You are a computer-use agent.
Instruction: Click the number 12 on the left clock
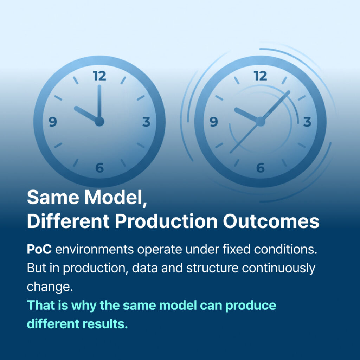99,76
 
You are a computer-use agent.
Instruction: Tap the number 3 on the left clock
147,122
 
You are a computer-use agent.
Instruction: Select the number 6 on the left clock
99,168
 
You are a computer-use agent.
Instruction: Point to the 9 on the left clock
53,122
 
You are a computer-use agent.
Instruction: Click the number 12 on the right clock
261,76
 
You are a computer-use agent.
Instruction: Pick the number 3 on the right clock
307,122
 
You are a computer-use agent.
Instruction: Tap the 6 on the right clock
261,168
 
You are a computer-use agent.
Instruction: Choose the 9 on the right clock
214,122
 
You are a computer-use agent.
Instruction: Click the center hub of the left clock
99,121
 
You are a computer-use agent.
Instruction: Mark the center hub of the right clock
261,121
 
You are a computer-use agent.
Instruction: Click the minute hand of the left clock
99,102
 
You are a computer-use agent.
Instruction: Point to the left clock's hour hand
86,114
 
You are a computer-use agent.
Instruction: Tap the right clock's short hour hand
246,114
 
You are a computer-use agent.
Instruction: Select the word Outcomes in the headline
271,221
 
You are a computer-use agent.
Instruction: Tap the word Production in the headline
166,221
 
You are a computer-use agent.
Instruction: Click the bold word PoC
39,249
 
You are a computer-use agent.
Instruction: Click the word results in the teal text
105,324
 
